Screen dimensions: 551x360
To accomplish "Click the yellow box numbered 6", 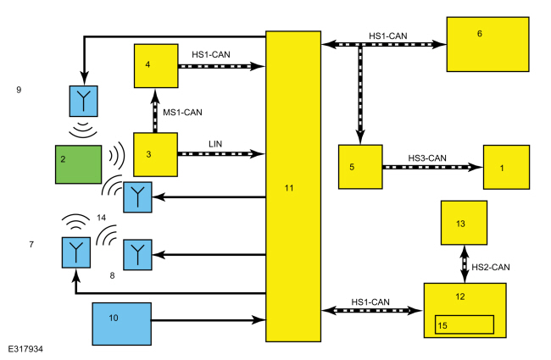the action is click(x=487, y=44).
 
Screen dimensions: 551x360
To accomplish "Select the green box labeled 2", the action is click(x=78, y=164).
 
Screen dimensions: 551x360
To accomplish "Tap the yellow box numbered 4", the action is click(x=156, y=66).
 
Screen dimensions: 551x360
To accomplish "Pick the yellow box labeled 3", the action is click(x=155, y=154).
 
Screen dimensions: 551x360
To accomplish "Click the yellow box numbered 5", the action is click(x=360, y=167).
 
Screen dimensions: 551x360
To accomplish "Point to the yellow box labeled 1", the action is click(x=506, y=167).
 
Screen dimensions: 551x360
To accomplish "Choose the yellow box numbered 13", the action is click(x=464, y=223).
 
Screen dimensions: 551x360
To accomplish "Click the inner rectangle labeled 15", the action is click(x=465, y=324).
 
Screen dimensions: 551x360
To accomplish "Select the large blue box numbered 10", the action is click(x=121, y=324).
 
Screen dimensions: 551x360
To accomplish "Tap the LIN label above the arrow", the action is click(x=215, y=144).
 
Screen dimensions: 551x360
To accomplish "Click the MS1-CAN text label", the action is click(x=182, y=113).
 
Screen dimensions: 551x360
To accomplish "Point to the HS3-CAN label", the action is click(x=427, y=158).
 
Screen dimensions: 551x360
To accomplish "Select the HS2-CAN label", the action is click(x=490, y=268).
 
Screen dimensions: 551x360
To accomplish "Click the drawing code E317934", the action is click(x=25, y=349).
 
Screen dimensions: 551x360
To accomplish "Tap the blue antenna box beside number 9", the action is click(x=84, y=101).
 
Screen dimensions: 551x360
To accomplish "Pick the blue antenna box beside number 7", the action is click(x=76, y=252).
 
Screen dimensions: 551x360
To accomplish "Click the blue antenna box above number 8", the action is click(x=137, y=255).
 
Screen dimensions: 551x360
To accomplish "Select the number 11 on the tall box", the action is click(x=289, y=188).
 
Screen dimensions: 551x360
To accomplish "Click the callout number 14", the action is click(x=101, y=218).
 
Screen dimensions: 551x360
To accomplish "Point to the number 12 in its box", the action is click(x=460, y=296).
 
